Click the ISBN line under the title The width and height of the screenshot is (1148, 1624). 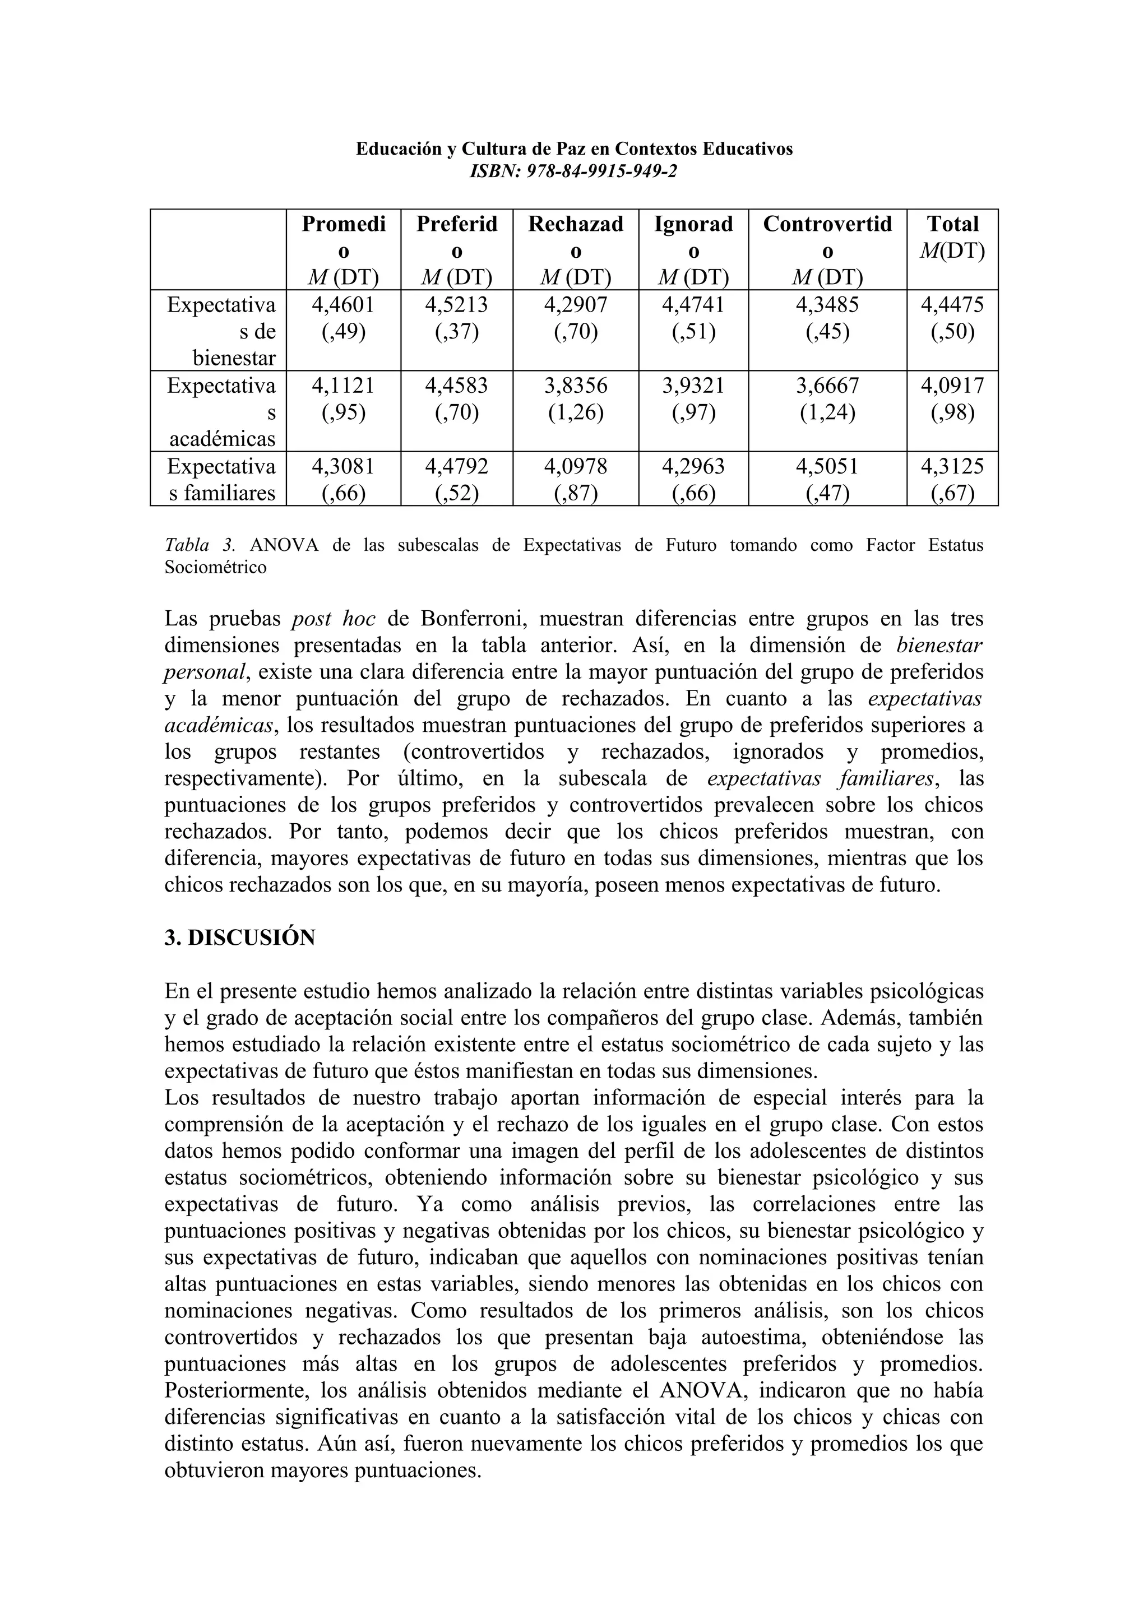pyautogui.click(x=573, y=170)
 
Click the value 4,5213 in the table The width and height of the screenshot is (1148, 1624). pyautogui.click(x=456, y=305)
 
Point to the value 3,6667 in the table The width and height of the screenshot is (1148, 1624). pyautogui.click(x=827, y=386)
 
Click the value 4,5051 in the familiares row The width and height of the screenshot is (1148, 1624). pyautogui.click(x=827, y=467)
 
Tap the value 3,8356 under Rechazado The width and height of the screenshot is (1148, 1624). pyautogui.click(x=575, y=386)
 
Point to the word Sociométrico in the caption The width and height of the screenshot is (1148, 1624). pyautogui.click(x=215, y=567)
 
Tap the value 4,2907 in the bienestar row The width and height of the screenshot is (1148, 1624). pyautogui.click(x=575, y=305)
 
